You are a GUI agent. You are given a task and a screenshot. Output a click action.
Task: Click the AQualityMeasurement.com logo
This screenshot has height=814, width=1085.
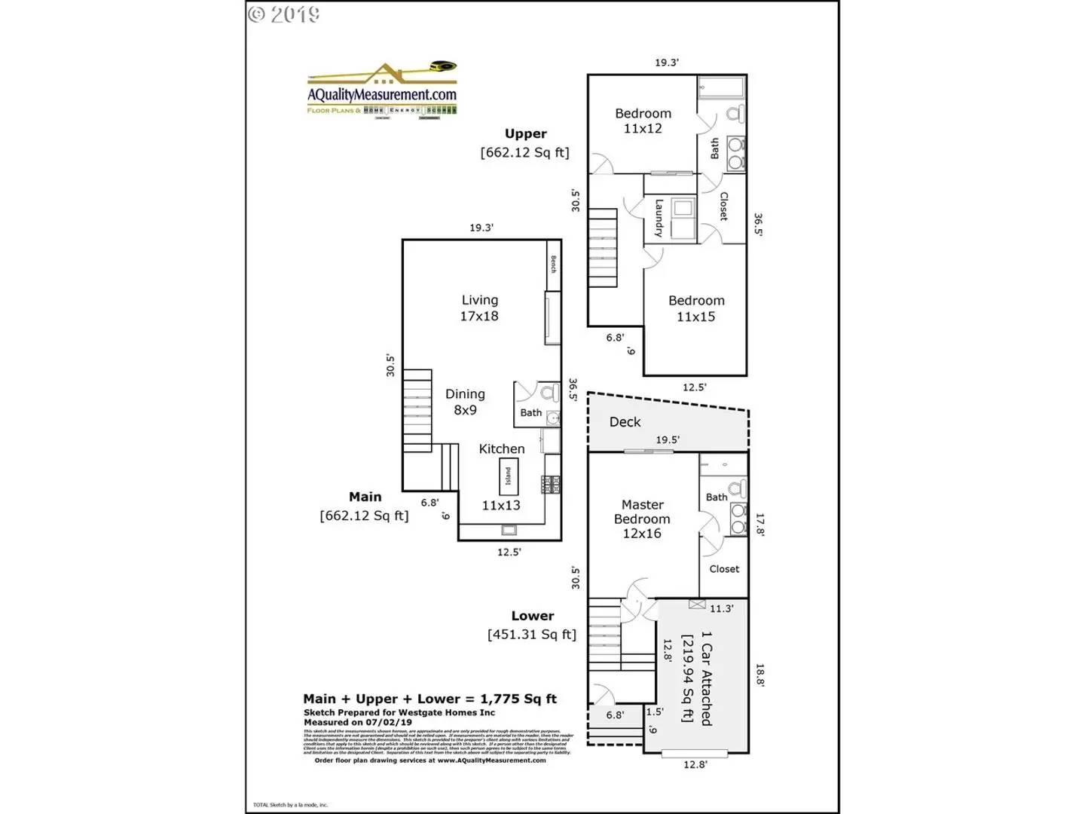(382, 90)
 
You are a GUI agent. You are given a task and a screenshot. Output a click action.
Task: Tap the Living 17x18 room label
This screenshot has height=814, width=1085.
(479, 308)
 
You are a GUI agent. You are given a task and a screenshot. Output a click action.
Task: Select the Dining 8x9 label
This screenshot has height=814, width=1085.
(465, 402)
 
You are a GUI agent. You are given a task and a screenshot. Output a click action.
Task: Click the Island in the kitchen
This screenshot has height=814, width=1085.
(508, 476)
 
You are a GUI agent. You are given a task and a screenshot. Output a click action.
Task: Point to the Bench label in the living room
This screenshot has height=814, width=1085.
(553, 264)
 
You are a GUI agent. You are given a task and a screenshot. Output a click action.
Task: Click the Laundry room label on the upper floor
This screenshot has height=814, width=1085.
(659, 218)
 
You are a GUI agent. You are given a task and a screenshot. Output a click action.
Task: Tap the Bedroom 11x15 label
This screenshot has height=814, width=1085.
(696, 308)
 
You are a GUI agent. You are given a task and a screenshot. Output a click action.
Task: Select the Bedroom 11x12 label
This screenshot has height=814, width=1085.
(643, 121)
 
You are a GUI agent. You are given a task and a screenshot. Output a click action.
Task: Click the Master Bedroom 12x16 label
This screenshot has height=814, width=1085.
(642, 519)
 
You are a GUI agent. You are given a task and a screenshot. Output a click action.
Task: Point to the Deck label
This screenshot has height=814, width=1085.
(625, 422)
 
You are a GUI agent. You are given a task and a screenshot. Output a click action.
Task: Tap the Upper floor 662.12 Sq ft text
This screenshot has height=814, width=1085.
(525, 143)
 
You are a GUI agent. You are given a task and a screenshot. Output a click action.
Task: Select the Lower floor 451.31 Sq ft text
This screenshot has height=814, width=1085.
(532, 626)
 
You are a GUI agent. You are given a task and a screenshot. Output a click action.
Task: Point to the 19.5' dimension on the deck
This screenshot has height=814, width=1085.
(667, 439)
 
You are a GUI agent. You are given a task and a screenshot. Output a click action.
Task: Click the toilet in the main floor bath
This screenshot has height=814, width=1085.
(549, 392)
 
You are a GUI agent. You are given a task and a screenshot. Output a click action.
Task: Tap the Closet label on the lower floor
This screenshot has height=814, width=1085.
(724, 569)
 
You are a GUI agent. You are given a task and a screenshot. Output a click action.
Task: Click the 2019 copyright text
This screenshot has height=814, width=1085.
(284, 14)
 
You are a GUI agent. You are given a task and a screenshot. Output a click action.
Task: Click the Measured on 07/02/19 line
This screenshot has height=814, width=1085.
(358, 722)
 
